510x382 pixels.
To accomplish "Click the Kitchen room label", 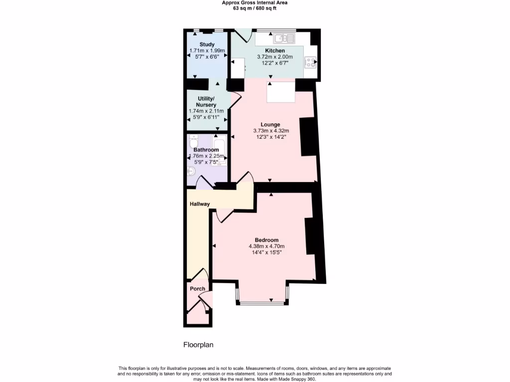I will coord(275,51).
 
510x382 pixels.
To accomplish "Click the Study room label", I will coord(207,45).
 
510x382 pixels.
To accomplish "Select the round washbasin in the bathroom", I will coord(192,172).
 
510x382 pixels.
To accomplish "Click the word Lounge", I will coord(270,125).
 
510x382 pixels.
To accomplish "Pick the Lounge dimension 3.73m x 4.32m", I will coord(270,131).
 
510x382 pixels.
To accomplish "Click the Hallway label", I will coord(200,204).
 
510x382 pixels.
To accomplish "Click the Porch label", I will coord(197,288).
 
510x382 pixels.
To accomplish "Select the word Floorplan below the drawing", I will coord(198,344).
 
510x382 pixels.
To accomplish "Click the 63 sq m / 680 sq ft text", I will coord(255,8).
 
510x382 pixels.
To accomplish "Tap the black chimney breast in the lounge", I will coord(308,137).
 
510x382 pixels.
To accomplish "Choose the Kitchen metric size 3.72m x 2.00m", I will coord(275,57).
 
